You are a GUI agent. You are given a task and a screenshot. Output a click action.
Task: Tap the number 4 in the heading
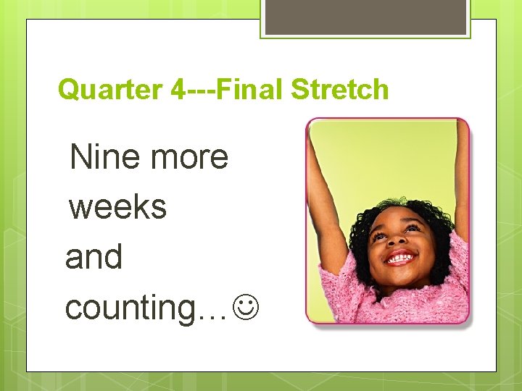[178, 90]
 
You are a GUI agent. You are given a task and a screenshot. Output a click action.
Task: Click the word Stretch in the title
[339, 90]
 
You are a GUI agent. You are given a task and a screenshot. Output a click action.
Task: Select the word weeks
[117, 207]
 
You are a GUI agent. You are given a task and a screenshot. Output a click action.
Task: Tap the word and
[94, 257]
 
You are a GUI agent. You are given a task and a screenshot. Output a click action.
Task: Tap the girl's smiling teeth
[401, 258]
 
